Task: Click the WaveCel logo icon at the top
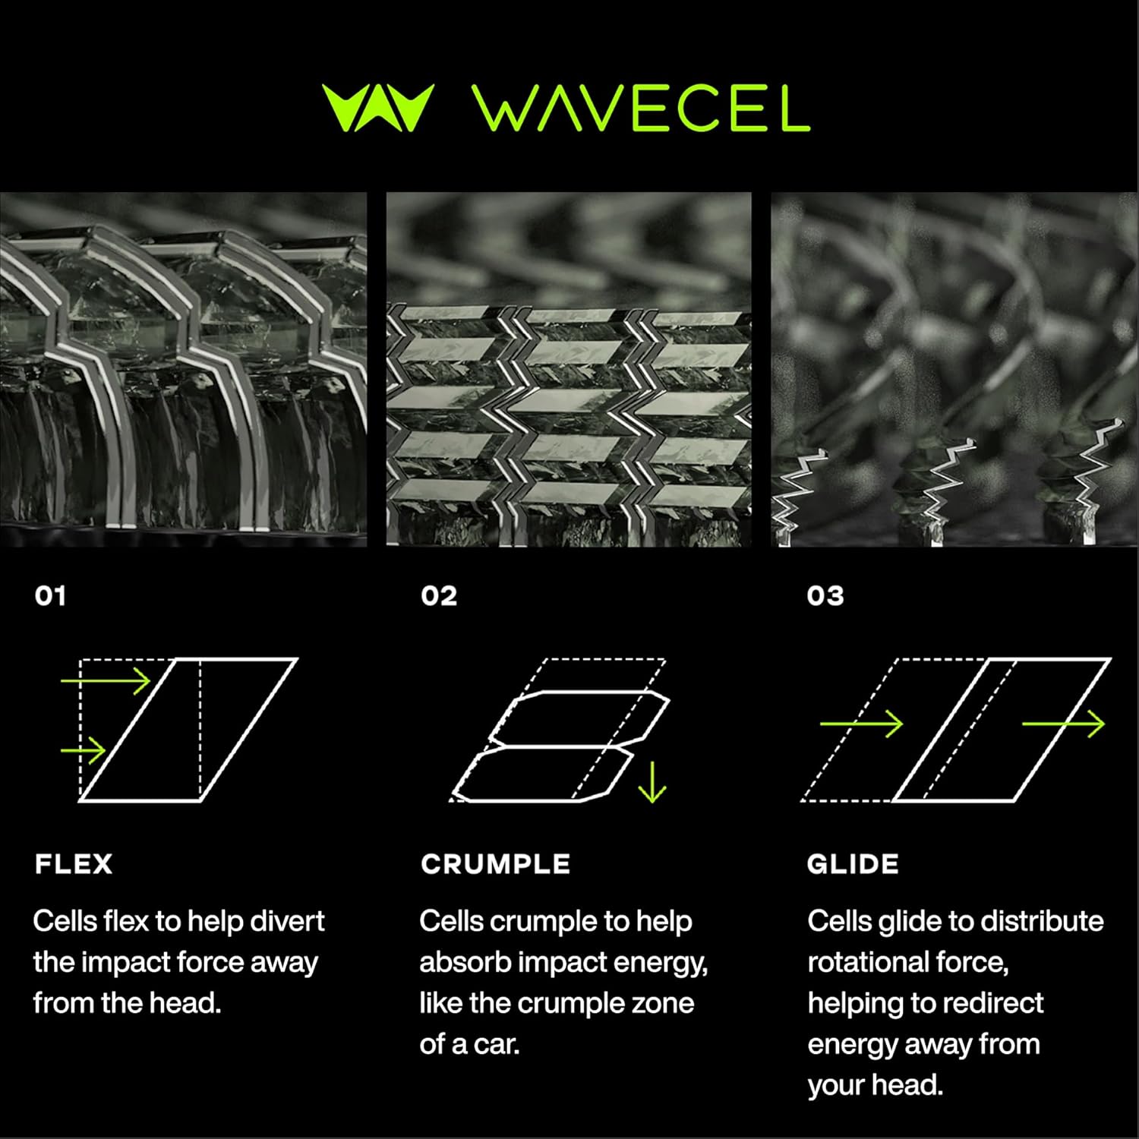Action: coord(377,108)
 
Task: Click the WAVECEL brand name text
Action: coord(642,108)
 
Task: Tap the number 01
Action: coord(50,595)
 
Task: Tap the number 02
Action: coord(439,595)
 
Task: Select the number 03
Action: coord(825,595)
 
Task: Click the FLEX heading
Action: coord(74,864)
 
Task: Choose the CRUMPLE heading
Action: coord(496,864)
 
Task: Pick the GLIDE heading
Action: coord(853,864)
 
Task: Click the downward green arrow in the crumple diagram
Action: coord(652,782)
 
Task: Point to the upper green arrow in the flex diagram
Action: coord(106,681)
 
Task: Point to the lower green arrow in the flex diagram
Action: coord(84,751)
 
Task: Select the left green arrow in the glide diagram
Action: coord(862,724)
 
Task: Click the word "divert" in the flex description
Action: coord(287,921)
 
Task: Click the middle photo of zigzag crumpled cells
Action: coord(569,369)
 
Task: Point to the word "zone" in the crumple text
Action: coord(662,1004)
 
